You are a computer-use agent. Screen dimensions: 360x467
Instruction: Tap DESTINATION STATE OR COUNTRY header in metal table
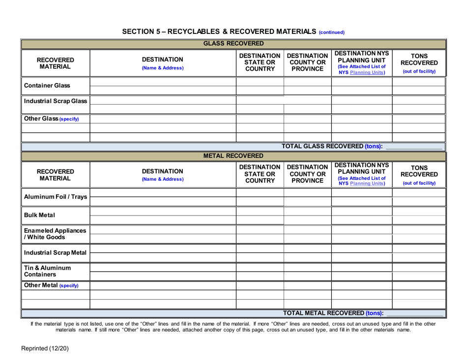point(260,175)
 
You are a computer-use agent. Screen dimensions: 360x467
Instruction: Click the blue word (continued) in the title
point(332,32)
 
